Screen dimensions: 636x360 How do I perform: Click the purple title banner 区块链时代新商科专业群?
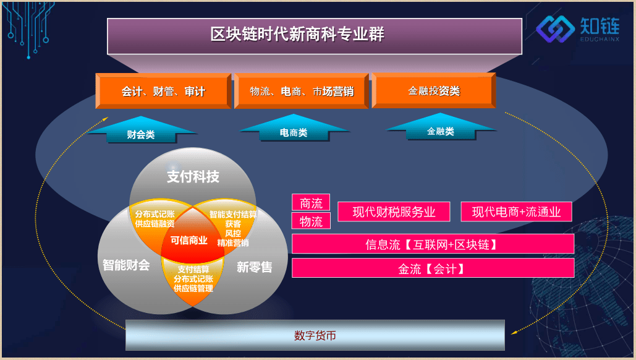click(315, 36)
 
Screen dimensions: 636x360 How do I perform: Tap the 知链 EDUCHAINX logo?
click(577, 29)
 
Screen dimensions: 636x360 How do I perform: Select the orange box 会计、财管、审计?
click(163, 91)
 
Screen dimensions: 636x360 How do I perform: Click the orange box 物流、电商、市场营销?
click(302, 91)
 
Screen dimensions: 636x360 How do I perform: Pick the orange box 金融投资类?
click(434, 90)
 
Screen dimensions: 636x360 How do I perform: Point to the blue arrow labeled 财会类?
click(141, 130)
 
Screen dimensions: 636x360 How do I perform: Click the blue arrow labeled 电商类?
click(294, 128)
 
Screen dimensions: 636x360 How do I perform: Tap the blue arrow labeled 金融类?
click(441, 127)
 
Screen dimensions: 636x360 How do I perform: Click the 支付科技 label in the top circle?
click(193, 176)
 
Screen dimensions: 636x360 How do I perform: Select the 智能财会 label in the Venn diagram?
click(126, 265)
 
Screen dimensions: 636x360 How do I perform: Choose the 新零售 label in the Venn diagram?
click(254, 267)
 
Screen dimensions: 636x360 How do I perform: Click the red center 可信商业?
click(189, 240)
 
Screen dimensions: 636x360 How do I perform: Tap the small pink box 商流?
click(311, 202)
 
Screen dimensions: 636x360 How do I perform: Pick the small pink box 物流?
click(311, 221)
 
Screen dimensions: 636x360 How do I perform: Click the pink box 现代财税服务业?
click(394, 212)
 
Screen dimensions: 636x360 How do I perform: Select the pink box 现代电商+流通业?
click(516, 212)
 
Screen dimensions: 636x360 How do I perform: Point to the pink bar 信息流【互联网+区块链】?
click(433, 244)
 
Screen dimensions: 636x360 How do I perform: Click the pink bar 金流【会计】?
click(433, 268)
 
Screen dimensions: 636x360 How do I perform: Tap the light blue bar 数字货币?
click(315, 335)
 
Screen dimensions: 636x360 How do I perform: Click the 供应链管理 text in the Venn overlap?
click(193, 289)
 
